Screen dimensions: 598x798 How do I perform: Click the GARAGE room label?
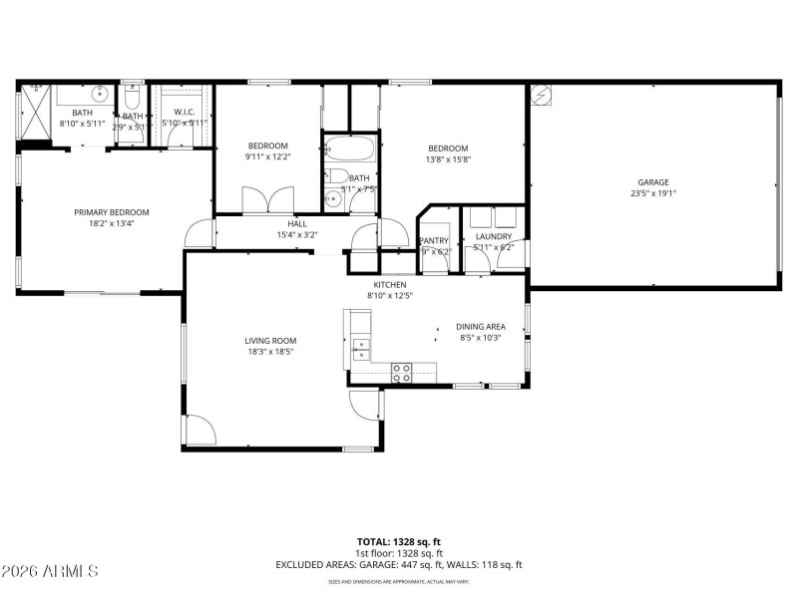point(653,182)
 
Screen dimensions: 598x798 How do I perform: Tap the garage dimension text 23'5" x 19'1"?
point(653,195)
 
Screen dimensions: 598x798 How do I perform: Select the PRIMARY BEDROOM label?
point(111,212)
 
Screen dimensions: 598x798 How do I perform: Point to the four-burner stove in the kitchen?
point(403,373)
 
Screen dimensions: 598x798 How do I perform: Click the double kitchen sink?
point(361,348)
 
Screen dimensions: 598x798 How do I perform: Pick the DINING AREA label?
point(480,327)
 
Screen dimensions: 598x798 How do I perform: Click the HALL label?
point(297,224)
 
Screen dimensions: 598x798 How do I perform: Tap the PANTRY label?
point(434,240)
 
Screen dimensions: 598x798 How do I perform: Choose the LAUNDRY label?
point(493,236)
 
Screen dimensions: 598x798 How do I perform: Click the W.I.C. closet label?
point(184,113)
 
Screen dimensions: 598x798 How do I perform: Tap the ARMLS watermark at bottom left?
point(50,571)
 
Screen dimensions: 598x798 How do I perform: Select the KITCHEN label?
point(390,284)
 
